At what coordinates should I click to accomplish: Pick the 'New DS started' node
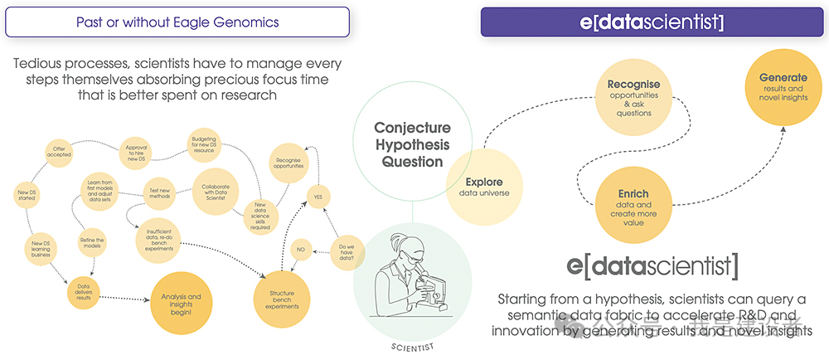(27, 196)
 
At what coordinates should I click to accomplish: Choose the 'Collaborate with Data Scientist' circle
(216, 192)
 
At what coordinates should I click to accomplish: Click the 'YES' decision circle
(316, 197)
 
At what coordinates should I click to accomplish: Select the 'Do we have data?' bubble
(348, 251)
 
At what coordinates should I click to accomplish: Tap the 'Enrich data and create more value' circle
(633, 204)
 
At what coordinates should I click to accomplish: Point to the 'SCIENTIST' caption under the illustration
(411, 347)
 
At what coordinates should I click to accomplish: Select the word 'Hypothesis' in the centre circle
(412, 145)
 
